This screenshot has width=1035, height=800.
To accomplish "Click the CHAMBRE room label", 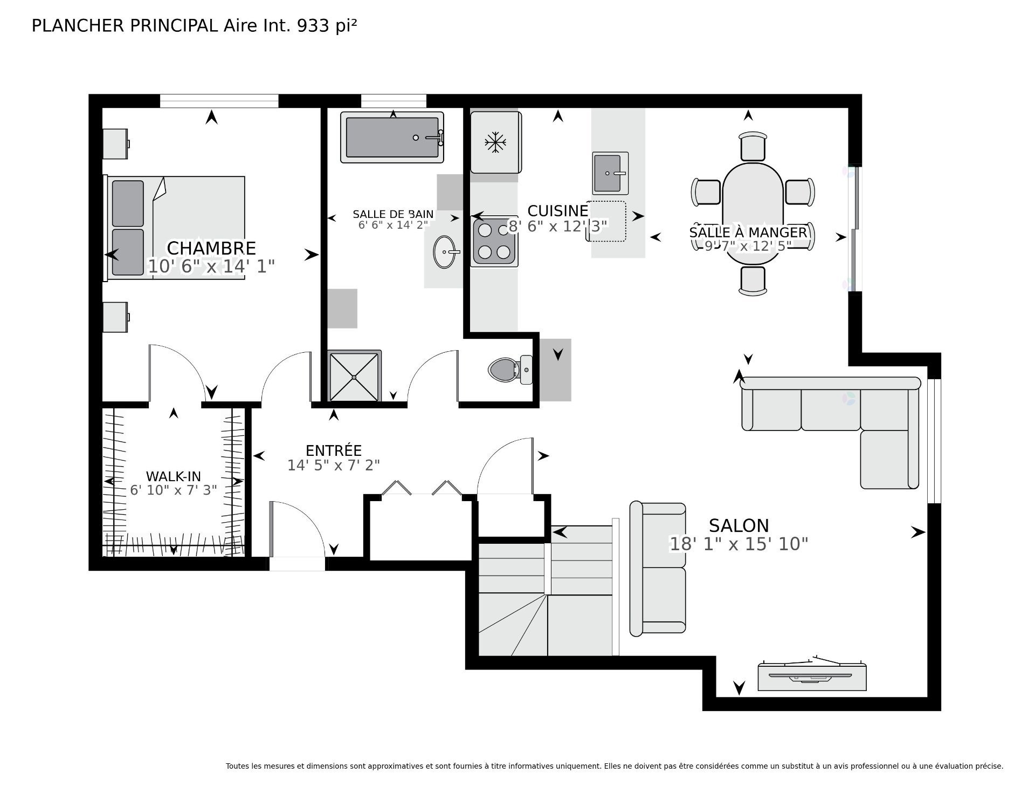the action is click(211, 248).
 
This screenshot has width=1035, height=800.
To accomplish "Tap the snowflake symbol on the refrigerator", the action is click(495, 143).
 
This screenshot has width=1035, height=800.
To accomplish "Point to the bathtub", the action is click(392, 138).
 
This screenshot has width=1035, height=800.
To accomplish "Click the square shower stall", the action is click(354, 376).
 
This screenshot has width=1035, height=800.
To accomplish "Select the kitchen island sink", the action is click(611, 173).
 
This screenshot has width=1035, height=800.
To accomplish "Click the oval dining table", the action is click(753, 214).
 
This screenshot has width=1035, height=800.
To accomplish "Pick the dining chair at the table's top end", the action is click(753, 146).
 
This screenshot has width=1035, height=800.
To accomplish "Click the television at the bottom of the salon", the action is click(812, 675).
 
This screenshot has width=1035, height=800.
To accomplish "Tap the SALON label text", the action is click(739, 525).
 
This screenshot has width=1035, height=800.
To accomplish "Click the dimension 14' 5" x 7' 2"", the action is click(334, 465).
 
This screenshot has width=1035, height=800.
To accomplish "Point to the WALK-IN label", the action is click(174, 476).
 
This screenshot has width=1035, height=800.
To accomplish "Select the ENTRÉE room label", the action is click(334, 450).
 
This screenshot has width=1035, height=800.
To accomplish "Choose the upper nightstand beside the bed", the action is click(116, 143).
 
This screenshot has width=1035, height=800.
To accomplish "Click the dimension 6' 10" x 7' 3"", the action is click(174, 490).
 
